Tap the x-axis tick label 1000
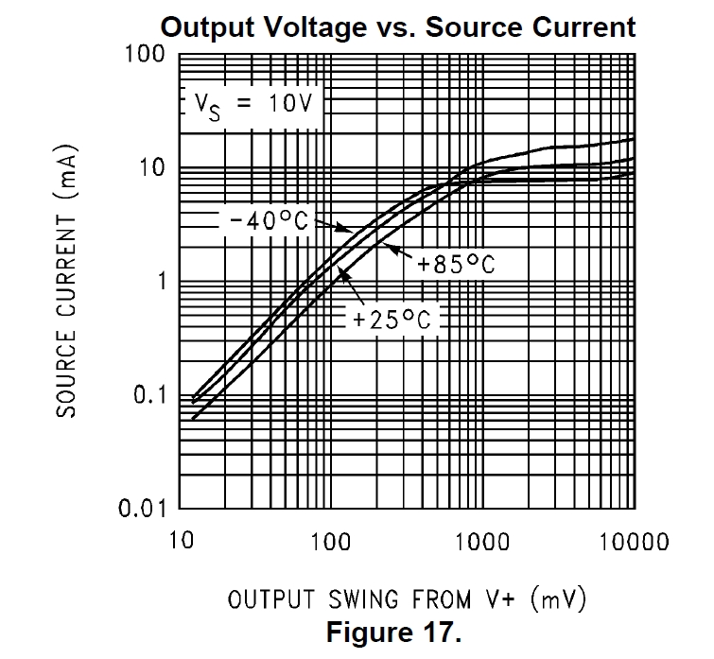[481, 542]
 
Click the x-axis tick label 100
[330, 542]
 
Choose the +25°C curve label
[392, 320]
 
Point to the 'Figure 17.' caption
[394, 632]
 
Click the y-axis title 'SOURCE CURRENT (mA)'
[65, 281]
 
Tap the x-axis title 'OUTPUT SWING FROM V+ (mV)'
[407, 598]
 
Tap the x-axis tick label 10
[180, 542]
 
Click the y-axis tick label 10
[147, 168]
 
